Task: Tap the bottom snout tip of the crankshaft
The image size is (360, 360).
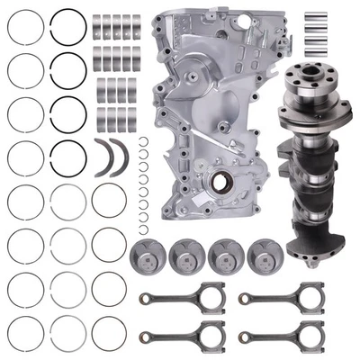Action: coord(313,259)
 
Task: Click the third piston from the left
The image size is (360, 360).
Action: coord(225,256)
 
